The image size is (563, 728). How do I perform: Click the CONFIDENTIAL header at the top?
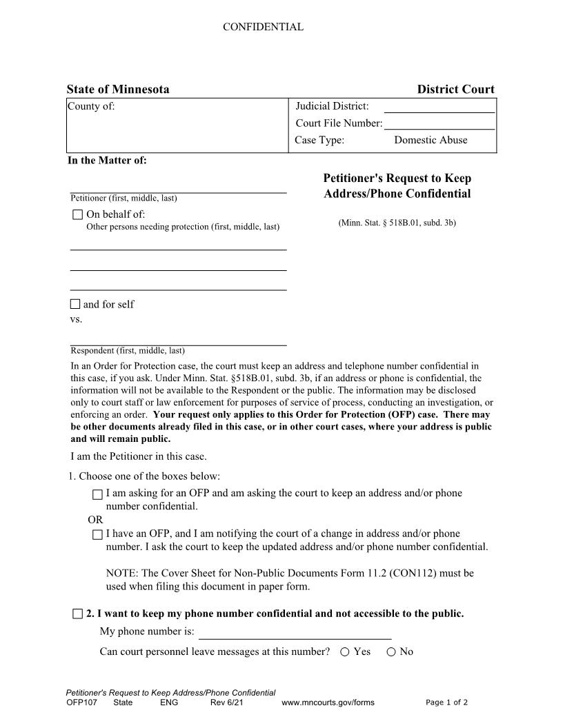point(262,28)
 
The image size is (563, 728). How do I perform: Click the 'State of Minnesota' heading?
point(117,90)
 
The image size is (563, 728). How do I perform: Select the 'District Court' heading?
point(455,90)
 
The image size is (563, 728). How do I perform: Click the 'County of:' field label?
point(91,106)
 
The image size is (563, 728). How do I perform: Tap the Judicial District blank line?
point(439,110)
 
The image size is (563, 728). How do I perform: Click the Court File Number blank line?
point(439,127)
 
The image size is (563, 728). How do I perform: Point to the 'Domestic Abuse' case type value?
point(431,140)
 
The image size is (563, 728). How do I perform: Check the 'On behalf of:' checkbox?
point(77,214)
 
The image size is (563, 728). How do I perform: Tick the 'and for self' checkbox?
point(75,304)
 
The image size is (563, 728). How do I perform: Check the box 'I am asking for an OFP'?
point(97,494)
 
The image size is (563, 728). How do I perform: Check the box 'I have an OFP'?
point(97,534)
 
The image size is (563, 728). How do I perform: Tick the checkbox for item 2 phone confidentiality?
point(77,614)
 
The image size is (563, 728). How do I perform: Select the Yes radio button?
point(344,652)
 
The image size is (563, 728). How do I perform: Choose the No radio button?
point(391,652)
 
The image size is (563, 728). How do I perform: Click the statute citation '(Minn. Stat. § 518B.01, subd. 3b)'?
point(397,223)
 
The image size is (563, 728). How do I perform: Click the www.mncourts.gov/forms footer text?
point(328,702)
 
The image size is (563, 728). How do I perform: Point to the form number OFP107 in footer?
point(81,702)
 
